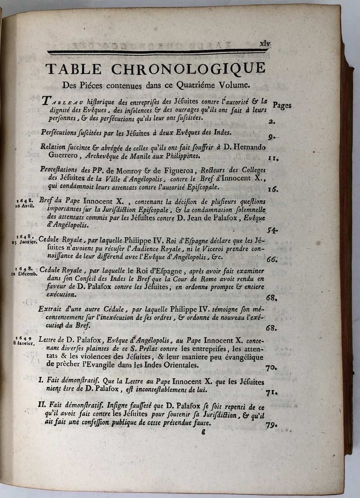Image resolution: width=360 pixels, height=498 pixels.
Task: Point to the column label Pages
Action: click(282, 105)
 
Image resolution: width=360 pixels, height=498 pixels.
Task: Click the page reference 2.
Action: click(271, 122)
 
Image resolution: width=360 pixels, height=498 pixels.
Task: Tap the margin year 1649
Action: click(24, 338)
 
